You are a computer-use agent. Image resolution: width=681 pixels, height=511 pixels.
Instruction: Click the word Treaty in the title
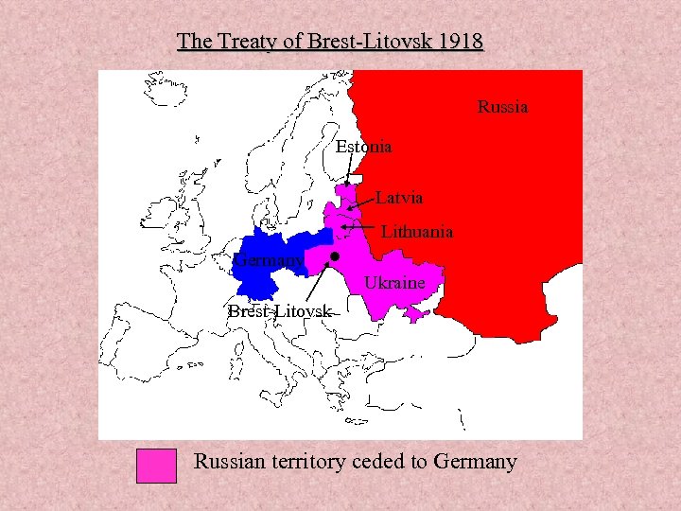[244, 42]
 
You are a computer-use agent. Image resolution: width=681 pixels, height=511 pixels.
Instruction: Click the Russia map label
[502, 107]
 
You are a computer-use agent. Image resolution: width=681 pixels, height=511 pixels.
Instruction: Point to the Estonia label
[363, 147]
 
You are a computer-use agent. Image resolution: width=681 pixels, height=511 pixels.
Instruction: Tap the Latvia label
[399, 198]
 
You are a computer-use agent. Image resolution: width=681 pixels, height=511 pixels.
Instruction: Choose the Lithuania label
[416, 231]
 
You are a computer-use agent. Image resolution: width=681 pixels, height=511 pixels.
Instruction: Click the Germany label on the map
[270, 259]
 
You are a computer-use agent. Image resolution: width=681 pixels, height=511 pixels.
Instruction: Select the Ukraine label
[394, 283]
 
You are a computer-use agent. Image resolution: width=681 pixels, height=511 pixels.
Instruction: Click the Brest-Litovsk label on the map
[279, 311]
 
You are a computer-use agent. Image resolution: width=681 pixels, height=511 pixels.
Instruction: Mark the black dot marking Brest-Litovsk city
[335, 256]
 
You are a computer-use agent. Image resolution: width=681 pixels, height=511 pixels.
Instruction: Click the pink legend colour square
[156, 465]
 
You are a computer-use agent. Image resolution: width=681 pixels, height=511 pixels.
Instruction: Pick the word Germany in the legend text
[475, 462]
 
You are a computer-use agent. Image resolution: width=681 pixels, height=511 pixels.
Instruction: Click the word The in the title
[194, 42]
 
